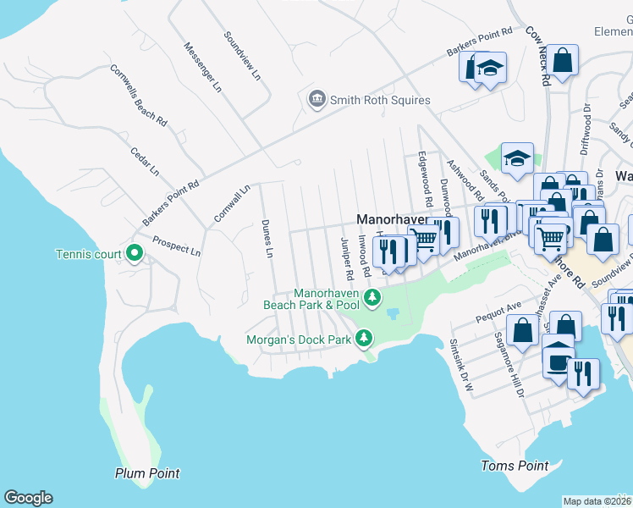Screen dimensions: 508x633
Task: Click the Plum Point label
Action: [147, 473]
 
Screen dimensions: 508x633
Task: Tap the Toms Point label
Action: [515, 466]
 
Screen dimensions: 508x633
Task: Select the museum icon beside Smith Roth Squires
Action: [317, 100]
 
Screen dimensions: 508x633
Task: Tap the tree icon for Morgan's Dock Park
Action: [364, 339]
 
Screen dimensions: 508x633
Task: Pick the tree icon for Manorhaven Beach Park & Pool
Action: [372, 297]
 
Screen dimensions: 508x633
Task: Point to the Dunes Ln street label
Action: [267, 239]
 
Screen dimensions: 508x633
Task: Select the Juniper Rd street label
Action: [345, 259]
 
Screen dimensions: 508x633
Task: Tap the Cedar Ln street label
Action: [144, 160]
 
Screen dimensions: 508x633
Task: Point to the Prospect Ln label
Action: [176, 246]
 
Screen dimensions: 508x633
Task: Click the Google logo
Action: [28, 498]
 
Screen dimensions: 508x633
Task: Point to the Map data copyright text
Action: [597, 501]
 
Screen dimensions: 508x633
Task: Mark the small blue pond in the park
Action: [393, 314]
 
